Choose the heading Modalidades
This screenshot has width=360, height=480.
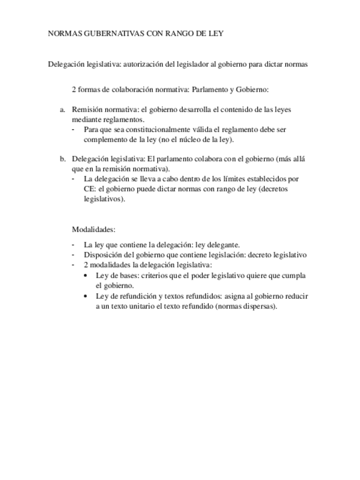(x=93, y=230)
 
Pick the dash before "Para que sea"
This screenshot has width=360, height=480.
(x=74, y=130)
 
